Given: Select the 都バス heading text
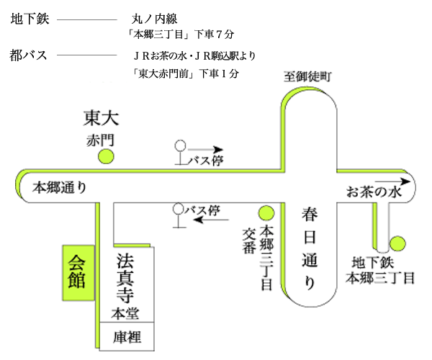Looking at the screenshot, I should click(30, 55).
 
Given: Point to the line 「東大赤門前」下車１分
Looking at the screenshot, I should click(186, 73).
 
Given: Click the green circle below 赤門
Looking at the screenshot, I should click(107, 155).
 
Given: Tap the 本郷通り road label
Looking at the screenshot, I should click(60, 188).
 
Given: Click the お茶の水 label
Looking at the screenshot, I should click(372, 192).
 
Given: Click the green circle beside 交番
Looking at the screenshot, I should click(266, 213).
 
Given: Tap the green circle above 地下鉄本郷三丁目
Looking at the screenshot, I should click(397, 243).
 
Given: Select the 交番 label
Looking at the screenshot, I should click(249, 240).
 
